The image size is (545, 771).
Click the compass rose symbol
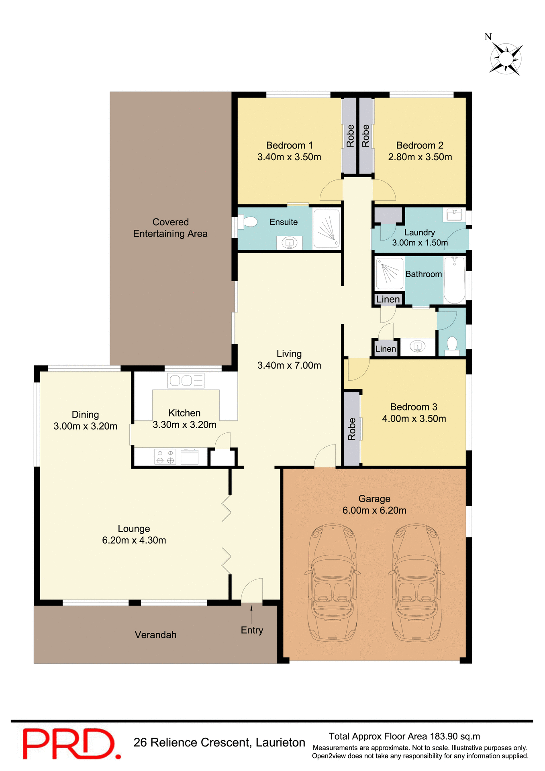pyautogui.click(x=506, y=59)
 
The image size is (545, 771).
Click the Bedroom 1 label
pyautogui.click(x=289, y=145)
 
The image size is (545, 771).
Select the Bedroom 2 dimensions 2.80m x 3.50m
pyautogui.click(x=420, y=157)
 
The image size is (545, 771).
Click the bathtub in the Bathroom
pyautogui.click(x=454, y=280)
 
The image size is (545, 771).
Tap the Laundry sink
pyautogui.click(x=455, y=214)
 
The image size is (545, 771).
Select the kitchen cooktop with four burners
pyautogui.click(x=165, y=457)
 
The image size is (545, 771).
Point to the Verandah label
pyautogui.click(x=155, y=635)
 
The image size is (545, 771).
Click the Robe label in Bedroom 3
pyautogui.click(x=352, y=429)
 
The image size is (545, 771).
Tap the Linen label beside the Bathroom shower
pyautogui.click(x=388, y=300)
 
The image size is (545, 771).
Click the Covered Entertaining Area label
pyautogui.click(x=170, y=228)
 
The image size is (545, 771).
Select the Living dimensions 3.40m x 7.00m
pyautogui.click(x=289, y=365)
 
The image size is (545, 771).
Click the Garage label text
pyautogui.click(x=374, y=499)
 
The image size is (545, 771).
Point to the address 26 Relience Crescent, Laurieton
pyautogui.click(x=219, y=742)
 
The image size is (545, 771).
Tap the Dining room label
pyautogui.click(x=85, y=414)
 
